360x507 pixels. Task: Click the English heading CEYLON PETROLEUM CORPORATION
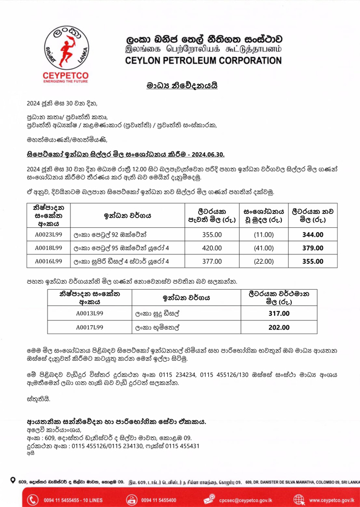[203, 60]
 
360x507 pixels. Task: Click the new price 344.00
[312, 235]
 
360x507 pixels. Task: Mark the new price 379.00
[312, 248]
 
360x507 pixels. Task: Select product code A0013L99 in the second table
[89, 314]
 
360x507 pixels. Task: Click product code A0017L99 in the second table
[89, 327]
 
